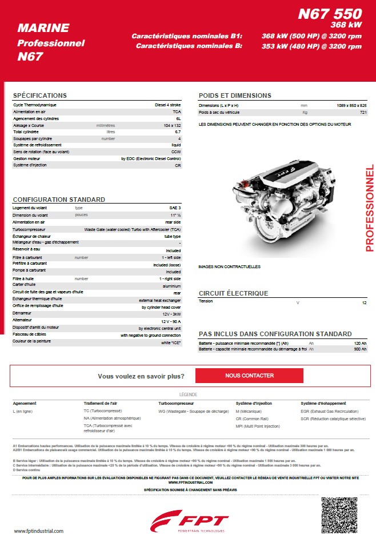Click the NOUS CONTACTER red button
click(x=249, y=376)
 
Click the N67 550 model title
click(x=329, y=14)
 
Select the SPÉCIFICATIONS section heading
click(x=40, y=95)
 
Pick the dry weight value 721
click(x=363, y=113)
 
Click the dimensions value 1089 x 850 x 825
click(x=351, y=106)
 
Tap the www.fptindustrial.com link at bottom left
click(x=38, y=531)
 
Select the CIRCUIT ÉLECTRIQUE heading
click(x=233, y=293)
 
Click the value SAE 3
click(x=175, y=208)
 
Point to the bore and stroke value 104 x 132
click(x=172, y=125)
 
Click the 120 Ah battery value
click(x=360, y=342)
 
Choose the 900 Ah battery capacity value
click(x=360, y=349)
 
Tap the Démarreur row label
click(x=23, y=314)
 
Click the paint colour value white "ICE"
click(x=171, y=342)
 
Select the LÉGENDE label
click(x=188, y=394)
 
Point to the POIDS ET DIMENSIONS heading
click(x=235, y=95)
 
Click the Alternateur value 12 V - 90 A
click(x=171, y=321)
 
